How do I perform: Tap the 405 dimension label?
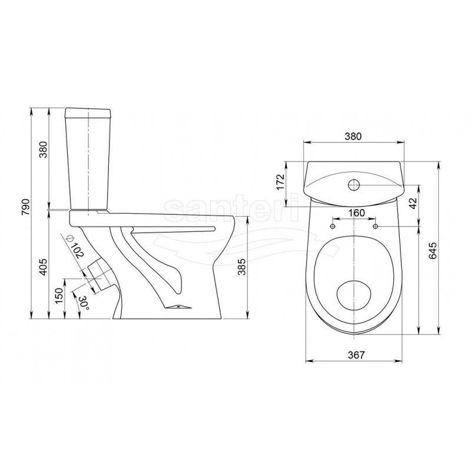pyautogui.click(x=43, y=267)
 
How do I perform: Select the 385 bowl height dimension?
pyautogui.click(x=242, y=267)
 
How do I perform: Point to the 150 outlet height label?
pyautogui.click(x=59, y=295)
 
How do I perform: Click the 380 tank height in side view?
pyautogui.click(x=43, y=150)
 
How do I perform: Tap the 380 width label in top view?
pyautogui.click(x=353, y=136)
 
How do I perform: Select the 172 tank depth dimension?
pyautogui.click(x=280, y=181)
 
